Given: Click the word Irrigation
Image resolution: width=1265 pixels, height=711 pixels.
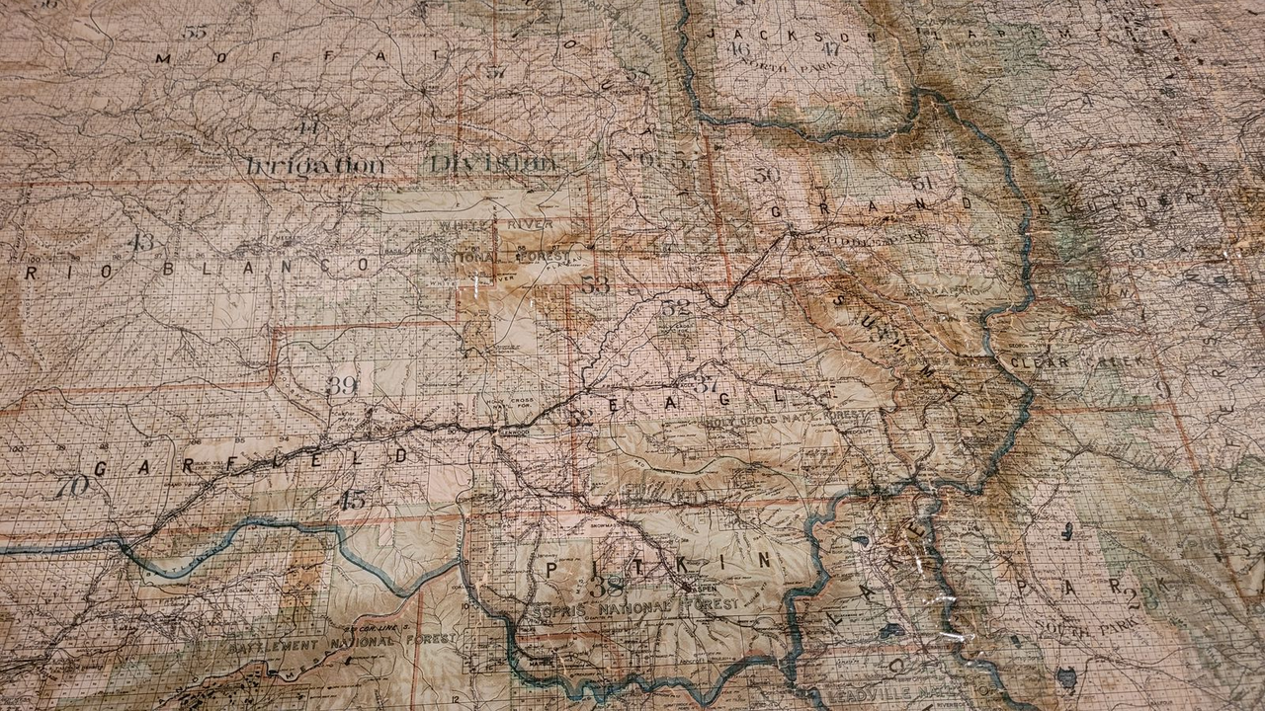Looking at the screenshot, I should pos(314,165).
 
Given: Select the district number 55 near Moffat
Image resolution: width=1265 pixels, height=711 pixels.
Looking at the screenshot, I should pos(195,32).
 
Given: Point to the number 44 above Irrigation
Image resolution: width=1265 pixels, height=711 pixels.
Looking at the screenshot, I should pos(309,127).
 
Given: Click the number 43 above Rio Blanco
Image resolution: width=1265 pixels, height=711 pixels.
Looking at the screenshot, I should pos(142,242).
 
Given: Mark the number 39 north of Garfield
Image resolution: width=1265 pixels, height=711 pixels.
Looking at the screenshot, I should pos(342,385).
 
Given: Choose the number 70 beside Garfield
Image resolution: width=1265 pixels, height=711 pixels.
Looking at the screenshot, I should pos(71,486).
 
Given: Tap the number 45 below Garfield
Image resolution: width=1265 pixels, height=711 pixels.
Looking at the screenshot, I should pos(352,500).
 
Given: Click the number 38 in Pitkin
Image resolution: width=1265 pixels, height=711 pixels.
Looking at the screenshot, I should pos(606,585).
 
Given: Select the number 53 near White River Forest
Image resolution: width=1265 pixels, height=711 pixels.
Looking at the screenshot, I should pos(596,284).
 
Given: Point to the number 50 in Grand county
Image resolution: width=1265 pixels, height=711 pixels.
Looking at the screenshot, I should pos(766,175).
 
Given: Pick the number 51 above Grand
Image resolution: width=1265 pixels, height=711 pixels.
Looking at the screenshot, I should pos(921,183).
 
